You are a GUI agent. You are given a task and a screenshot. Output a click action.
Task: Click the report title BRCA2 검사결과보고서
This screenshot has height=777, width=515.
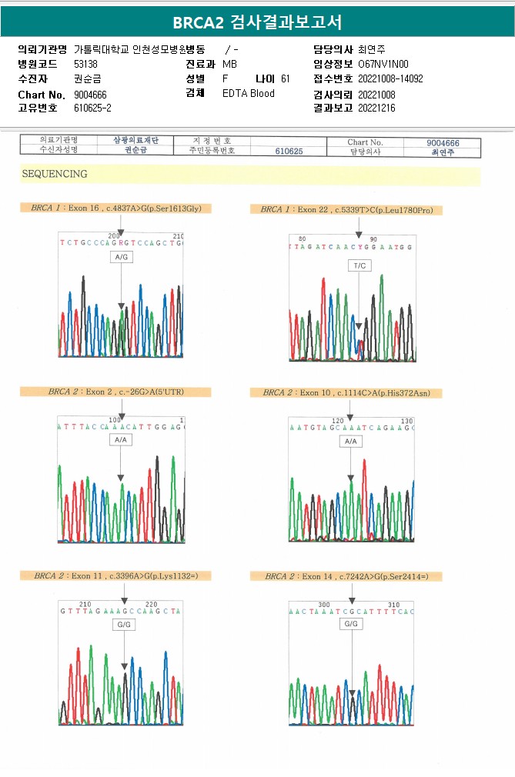[257, 22]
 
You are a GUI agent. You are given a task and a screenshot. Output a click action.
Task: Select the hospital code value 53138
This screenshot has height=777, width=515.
[85, 64]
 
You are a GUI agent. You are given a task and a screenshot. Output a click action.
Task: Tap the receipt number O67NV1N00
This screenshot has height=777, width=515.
[383, 64]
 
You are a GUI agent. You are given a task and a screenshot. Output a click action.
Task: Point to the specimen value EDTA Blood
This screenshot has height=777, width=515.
[248, 93]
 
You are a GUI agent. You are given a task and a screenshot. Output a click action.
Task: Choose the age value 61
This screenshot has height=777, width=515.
[286, 78]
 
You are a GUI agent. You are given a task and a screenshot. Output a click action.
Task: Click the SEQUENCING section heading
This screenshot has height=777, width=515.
[54, 174]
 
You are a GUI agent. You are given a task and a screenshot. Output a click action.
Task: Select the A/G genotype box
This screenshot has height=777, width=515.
[121, 257]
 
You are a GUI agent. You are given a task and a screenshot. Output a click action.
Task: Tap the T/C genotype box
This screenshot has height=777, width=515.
[359, 265]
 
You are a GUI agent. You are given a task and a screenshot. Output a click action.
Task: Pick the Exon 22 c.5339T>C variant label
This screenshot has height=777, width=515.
[350, 209]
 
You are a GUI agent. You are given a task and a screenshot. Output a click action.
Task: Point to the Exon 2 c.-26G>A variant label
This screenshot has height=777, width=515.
[115, 392]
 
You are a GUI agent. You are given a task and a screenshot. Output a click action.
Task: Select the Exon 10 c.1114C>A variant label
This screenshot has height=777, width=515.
[346, 392]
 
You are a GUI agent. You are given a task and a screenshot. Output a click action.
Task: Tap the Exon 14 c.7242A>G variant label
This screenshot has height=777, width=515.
[353, 576]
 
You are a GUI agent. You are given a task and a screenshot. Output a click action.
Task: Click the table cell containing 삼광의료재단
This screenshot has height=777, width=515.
[135, 141]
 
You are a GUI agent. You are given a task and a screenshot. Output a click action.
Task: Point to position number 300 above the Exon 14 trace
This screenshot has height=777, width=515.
[323, 605]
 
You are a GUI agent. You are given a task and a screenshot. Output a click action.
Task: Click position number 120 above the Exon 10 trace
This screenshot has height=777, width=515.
[337, 421]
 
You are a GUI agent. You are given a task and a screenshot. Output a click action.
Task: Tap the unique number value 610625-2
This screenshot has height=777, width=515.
[92, 108]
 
